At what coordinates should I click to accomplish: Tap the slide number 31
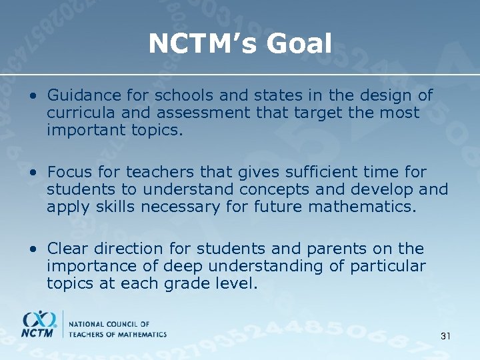(445, 336)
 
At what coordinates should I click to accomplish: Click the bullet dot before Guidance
(34, 97)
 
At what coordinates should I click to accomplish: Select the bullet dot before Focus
(34, 173)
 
